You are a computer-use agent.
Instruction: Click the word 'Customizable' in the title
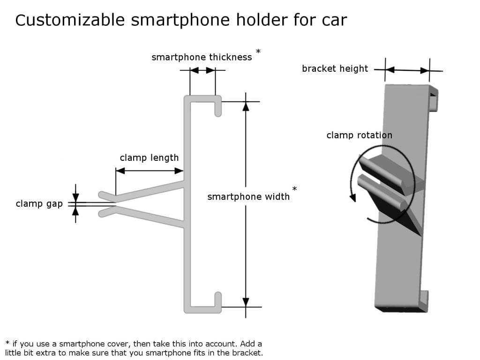pos(70,20)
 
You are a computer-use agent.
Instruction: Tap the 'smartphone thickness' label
pos(202,57)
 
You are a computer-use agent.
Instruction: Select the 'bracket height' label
pos(335,69)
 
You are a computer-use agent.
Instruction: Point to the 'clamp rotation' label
pos(359,135)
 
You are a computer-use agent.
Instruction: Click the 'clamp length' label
pos(149,157)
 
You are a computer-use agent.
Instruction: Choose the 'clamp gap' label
pos(39,203)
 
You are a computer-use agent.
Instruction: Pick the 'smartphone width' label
pos(248,196)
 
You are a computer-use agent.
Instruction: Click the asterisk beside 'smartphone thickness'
pos(258,51)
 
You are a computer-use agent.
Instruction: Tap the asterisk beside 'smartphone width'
pos(294,189)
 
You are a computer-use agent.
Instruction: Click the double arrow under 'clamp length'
pos(149,171)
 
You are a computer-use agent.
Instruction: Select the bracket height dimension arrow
pos(408,71)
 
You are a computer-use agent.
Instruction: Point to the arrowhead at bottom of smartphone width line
pos(246,302)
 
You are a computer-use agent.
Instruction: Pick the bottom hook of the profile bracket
pos(217,300)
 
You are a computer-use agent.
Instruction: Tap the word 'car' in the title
pos(334,20)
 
